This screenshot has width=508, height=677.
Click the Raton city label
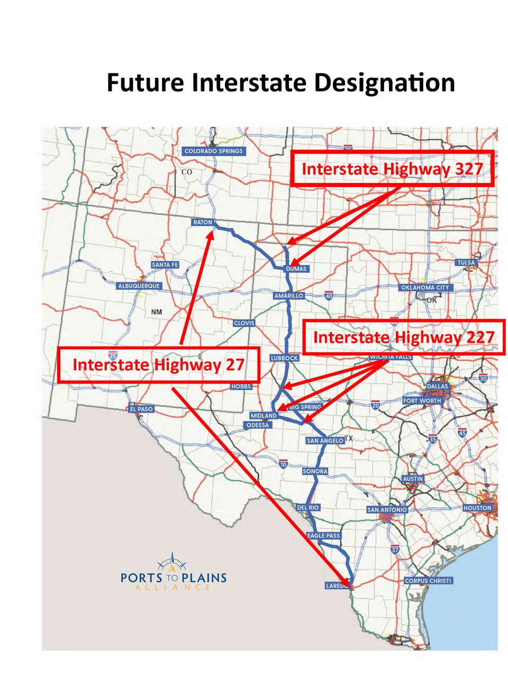tap(202, 222)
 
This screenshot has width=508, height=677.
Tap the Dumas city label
tap(296, 269)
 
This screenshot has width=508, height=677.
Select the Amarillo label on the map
tap(288, 296)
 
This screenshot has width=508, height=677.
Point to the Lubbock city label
tap(285, 358)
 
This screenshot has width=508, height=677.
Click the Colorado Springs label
tap(213, 151)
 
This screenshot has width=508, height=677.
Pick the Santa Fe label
tap(165, 264)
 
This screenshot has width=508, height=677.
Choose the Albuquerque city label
tap(139, 286)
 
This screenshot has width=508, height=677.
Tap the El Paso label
tap(141, 409)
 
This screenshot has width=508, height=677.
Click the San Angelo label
tap(325, 441)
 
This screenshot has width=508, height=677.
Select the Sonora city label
tap(315, 471)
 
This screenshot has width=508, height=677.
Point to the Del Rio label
tap(308, 508)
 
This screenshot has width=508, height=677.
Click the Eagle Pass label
tap(324, 536)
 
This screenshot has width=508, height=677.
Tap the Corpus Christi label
tap(428, 581)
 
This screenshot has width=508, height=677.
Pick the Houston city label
tap(477, 508)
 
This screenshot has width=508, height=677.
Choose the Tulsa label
tap(466, 262)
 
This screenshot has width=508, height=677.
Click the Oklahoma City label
tap(425, 288)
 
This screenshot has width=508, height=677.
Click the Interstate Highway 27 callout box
tap(158, 365)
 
